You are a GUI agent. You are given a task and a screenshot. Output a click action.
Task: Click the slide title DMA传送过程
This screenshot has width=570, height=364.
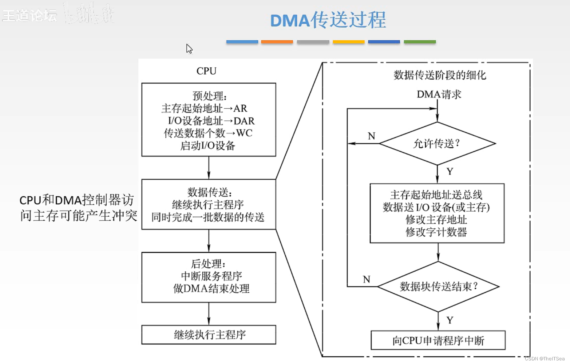click(328, 20)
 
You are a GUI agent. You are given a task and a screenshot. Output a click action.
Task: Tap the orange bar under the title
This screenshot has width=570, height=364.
click(277, 42)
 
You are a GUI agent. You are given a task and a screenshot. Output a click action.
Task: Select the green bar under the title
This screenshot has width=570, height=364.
click(420, 42)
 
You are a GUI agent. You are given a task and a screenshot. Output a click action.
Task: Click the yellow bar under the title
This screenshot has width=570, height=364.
click(348, 42)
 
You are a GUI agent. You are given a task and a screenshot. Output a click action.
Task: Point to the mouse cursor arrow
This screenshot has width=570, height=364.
click(189, 48)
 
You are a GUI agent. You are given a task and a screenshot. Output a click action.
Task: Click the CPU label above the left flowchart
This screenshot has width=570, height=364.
click(206, 71)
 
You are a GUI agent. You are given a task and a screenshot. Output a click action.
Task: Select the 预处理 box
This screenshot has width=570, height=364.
click(209, 120)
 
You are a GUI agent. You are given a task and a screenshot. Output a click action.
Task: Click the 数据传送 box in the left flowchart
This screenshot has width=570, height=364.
click(209, 204)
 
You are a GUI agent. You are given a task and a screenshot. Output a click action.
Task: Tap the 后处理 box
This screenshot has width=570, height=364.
click(209, 277)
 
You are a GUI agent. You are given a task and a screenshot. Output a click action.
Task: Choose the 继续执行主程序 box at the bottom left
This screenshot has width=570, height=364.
click(209, 335)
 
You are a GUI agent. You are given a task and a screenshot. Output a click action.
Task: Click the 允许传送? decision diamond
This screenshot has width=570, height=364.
click(437, 144)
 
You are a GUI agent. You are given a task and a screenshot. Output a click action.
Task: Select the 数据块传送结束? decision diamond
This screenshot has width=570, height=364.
click(438, 287)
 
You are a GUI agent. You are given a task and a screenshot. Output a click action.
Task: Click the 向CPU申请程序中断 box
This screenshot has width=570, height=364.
click(438, 340)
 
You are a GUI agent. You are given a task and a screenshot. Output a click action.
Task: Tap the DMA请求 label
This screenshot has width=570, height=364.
click(439, 95)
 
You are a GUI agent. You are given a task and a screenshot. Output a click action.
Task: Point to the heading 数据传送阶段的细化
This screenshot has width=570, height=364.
click(440, 75)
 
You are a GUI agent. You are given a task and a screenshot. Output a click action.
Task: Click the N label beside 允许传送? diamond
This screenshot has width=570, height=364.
click(371, 136)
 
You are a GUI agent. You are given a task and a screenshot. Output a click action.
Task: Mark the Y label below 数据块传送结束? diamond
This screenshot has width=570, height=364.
click(450, 320)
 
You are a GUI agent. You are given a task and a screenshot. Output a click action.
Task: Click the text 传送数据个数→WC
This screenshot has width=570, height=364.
click(208, 133)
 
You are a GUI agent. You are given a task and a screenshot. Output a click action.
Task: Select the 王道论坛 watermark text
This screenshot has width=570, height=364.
click(30, 16)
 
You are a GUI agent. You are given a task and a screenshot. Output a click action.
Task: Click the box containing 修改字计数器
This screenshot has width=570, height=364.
click(437, 213)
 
